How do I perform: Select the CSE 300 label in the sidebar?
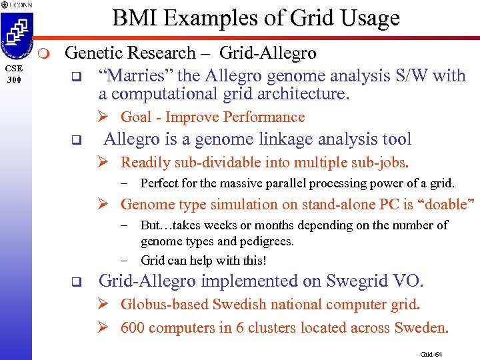tap(15, 73)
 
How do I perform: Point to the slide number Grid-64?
tap(431, 353)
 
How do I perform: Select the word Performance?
tap(264, 117)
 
